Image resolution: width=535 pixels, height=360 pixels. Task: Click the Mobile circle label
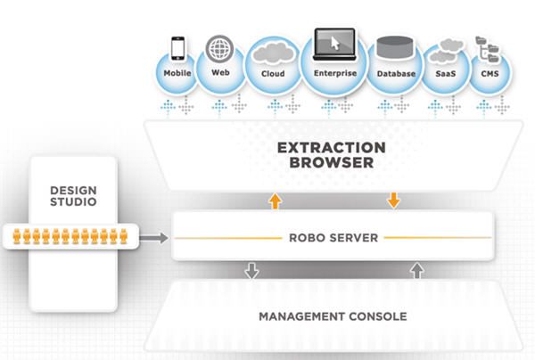(178, 73)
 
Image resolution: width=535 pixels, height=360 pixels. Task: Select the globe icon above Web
(219, 46)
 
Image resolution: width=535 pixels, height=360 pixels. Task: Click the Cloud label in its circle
(272, 74)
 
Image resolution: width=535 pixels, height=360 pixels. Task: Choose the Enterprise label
(335, 74)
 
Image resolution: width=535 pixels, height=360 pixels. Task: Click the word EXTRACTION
(331, 147)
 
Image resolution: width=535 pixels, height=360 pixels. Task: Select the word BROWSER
(331, 164)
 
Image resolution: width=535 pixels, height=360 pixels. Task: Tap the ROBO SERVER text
(331, 238)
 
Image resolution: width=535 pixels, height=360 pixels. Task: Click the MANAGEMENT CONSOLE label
(332, 316)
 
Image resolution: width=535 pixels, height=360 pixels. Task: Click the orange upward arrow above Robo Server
(275, 200)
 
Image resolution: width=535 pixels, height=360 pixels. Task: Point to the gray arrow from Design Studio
(154, 238)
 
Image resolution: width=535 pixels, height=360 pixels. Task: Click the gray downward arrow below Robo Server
(251, 270)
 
